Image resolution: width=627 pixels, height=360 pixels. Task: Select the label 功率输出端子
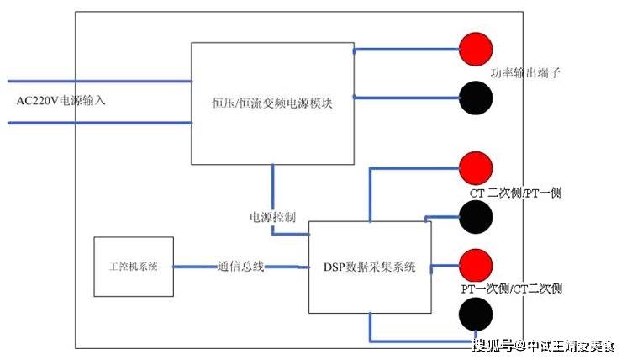click(x=526, y=74)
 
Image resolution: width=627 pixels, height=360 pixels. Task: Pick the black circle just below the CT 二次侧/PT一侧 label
click(x=476, y=218)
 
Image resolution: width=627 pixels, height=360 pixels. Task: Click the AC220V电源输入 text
click(x=63, y=101)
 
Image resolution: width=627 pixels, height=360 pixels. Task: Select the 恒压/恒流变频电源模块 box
click(x=273, y=103)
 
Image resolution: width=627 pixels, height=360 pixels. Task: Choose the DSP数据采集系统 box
click(x=370, y=267)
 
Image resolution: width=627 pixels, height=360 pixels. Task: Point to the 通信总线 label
click(x=241, y=267)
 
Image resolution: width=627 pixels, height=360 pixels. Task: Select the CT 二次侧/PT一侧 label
click(x=515, y=193)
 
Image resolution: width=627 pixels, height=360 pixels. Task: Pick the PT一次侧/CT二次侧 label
click(x=511, y=289)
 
